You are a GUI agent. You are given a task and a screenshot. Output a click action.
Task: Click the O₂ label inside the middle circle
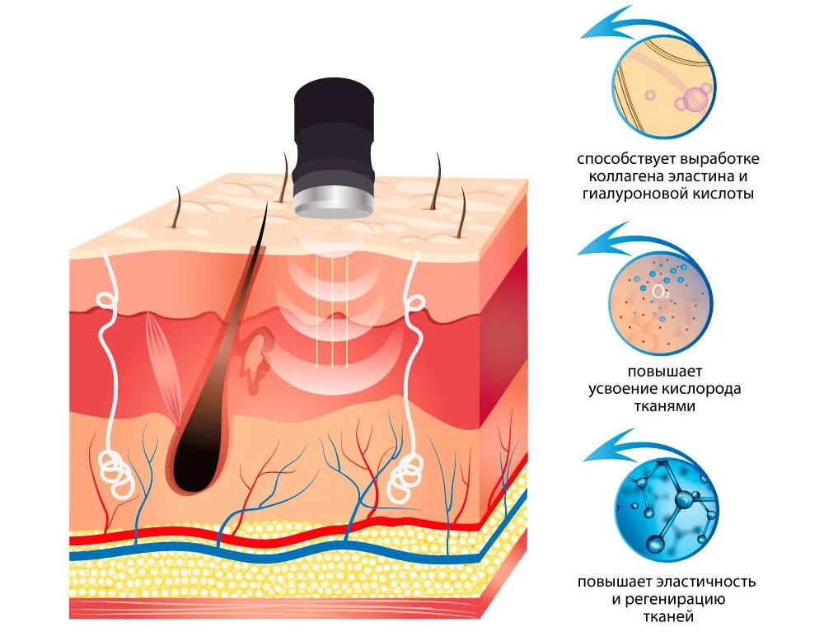[x=661, y=292]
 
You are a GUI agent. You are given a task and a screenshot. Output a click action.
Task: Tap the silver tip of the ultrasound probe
[x=334, y=202]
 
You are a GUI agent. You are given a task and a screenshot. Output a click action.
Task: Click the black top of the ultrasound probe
[x=334, y=103]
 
